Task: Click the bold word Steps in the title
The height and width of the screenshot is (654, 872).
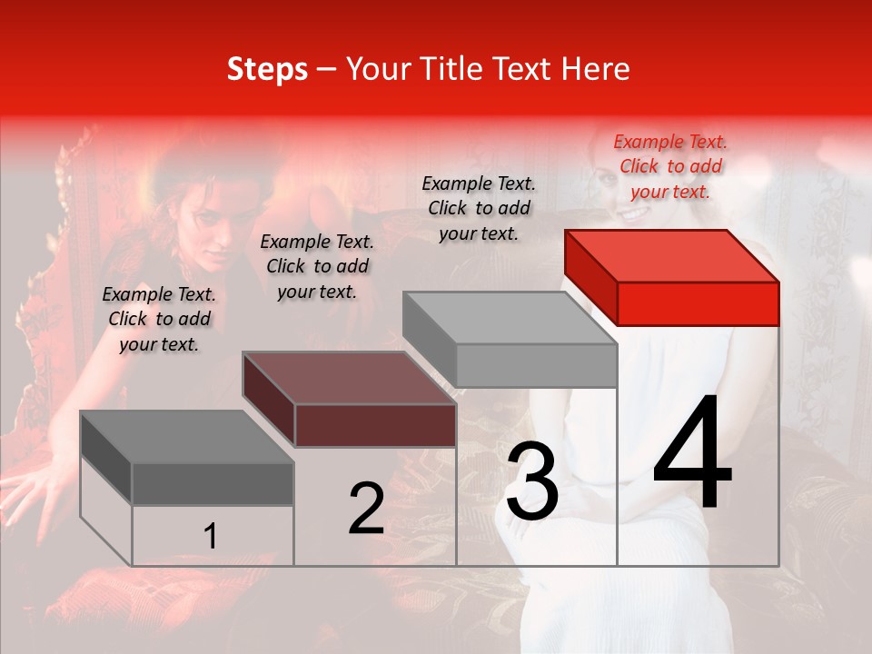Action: click(267, 69)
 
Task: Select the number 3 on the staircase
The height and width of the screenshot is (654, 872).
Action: click(531, 481)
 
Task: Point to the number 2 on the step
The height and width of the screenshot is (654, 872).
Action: click(366, 509)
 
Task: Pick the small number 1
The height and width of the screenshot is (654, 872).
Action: click(210, 537)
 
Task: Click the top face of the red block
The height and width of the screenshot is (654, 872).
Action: click(672, 256)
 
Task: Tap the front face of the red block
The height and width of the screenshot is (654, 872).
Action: click(698, 303)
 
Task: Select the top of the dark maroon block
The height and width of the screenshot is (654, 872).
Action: click(350, 378)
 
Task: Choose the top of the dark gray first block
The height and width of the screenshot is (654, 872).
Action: click(187, 437)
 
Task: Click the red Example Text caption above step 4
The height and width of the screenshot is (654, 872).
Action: click(670, 166)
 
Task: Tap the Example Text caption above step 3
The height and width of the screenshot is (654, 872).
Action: click(479, 208)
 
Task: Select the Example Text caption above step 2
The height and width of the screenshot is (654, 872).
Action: click(317, 266)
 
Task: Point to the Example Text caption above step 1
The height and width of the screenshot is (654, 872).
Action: click(159, 319)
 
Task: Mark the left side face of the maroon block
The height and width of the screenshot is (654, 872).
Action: click(269, 400)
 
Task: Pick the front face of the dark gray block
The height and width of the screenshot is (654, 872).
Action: click(213, 484)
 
